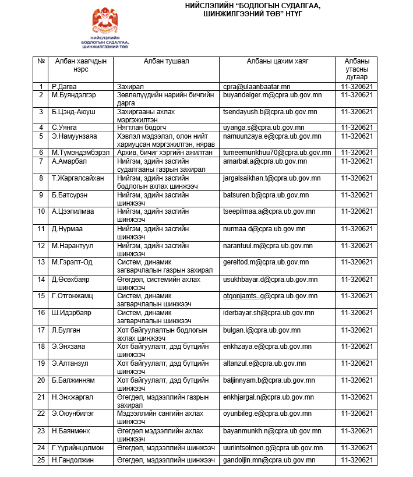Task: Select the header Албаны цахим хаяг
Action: [277, 61]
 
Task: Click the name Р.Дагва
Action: [64, 86]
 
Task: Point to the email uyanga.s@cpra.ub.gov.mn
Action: [264, 128]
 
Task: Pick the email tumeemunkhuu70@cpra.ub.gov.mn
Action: [277, 153]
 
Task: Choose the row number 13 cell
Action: [41, 262]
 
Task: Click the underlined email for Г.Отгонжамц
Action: [270, 296]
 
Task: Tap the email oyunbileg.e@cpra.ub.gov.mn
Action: [269, 414]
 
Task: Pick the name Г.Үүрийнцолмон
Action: [78, 448]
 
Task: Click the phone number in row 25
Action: [357, 460]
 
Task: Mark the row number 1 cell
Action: [41, 86]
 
